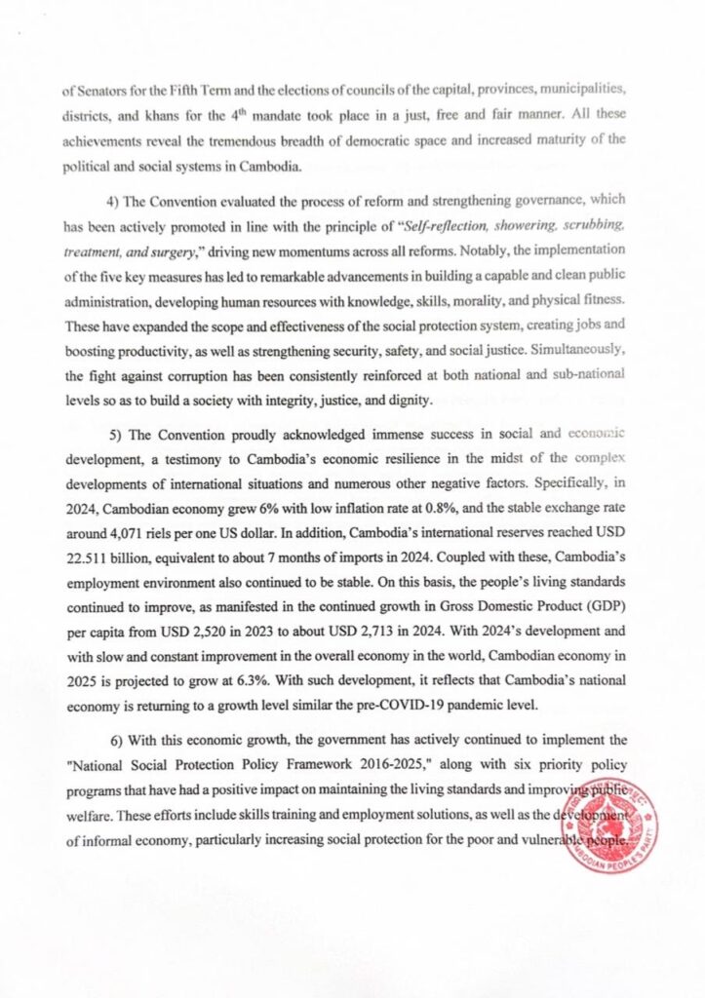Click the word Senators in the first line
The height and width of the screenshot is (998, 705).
coord(101,94)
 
